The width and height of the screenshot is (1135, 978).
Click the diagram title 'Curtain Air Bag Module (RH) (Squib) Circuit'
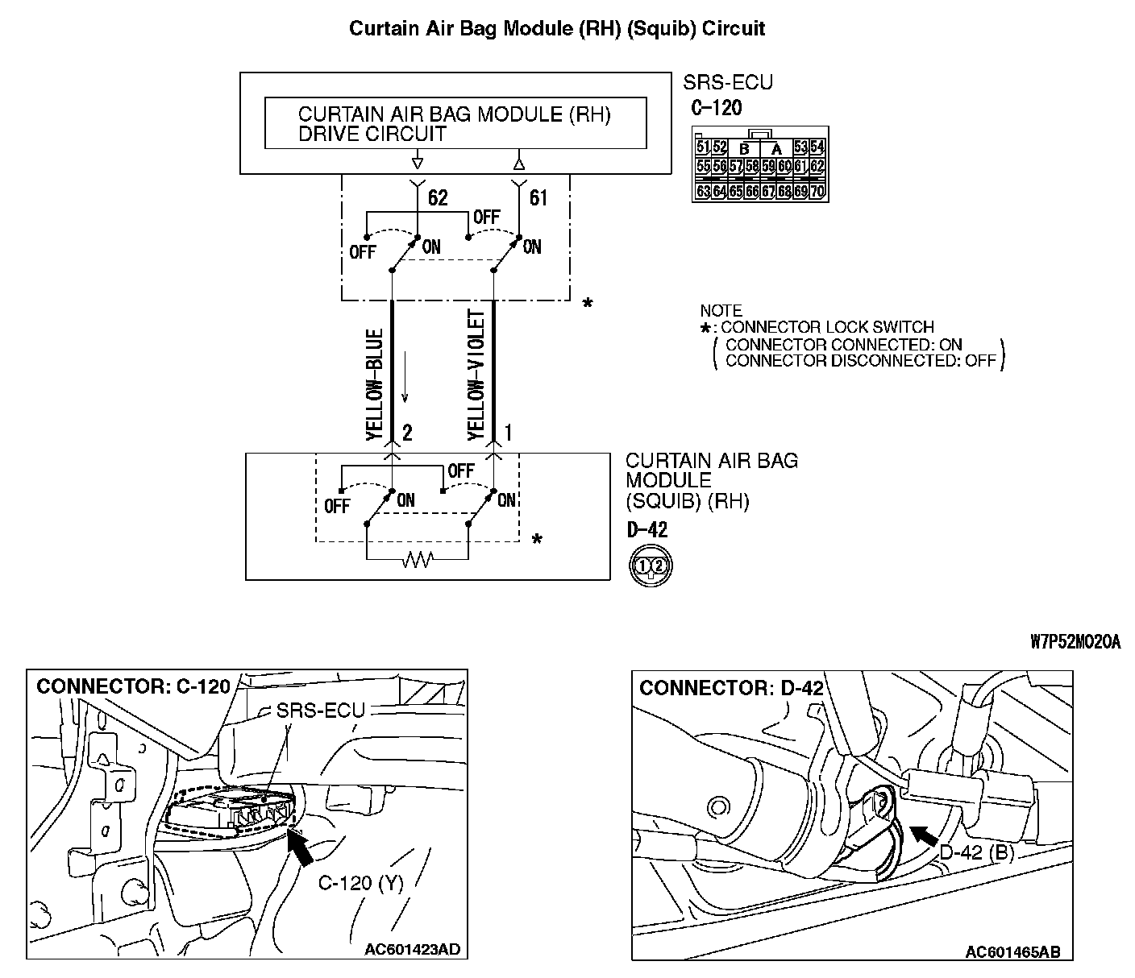tap(556, 29)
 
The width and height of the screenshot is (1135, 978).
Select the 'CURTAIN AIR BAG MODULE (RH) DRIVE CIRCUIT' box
tap(455, 123)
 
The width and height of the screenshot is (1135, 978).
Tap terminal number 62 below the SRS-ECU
tap(438, 198)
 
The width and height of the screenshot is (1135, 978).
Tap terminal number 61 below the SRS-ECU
tap(538, 198)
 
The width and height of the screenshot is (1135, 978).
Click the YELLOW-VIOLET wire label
tap(476, 375)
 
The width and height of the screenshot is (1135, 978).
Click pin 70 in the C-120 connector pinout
tap(817, 192)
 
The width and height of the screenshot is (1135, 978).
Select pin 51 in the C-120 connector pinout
tap(702, 147)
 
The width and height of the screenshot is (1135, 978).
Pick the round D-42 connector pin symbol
tap(650, 565)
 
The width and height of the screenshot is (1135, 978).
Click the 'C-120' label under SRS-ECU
tap(716, 108)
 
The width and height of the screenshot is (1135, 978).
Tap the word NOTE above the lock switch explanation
tap(721, 311)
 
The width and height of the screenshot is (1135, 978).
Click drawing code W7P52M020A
tap(1075, 642)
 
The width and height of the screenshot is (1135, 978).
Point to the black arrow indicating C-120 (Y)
tap(301, 849)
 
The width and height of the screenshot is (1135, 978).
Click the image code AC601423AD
tap(412, 949)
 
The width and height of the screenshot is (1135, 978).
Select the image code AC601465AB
tap(1013, 952)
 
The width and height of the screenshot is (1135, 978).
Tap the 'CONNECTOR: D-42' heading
tap(731, 688)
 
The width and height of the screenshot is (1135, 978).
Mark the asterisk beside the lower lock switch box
tap(537, 539)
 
